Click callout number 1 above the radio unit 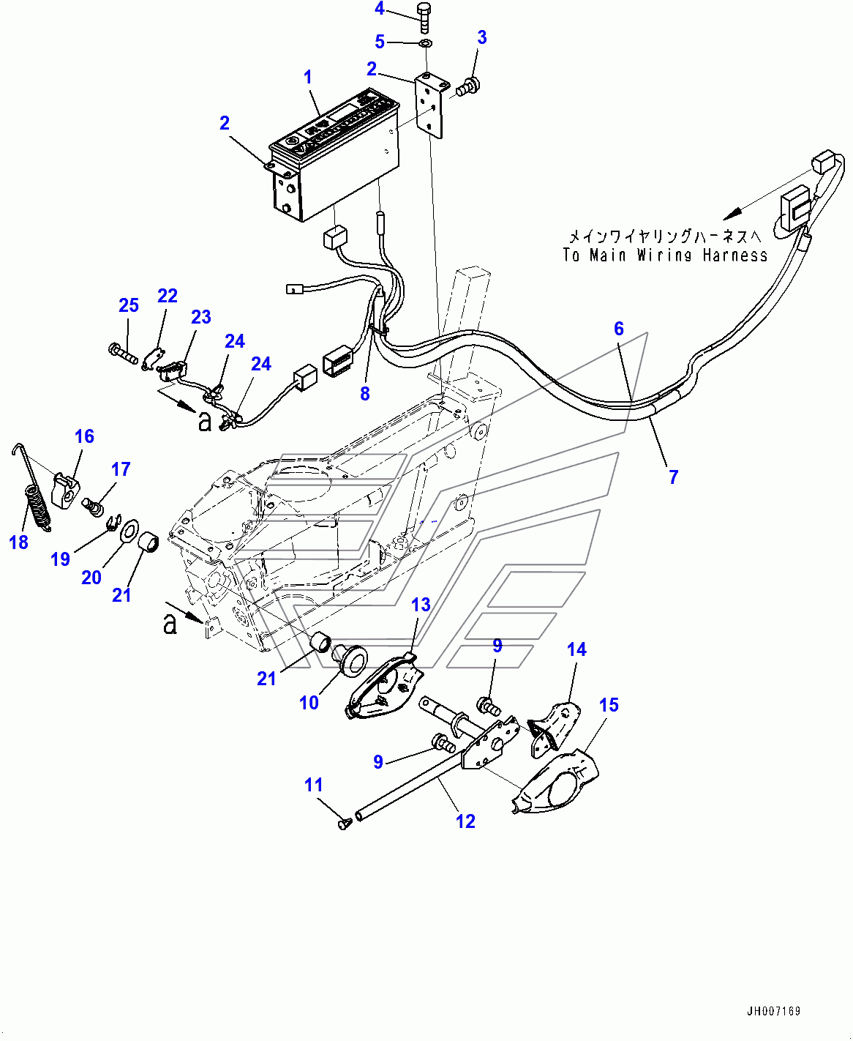pyautogui.click(x=308, y=77)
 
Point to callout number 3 pyautogui.click(x=481, y=38)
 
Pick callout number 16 pyautogui.click(x=84, y=436)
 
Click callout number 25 pyautogui.click(x=129, y=305)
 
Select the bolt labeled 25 pyautogui.click(x=122, y=356)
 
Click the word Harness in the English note pyautogui.click(x=734, y=255)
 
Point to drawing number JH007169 pyautogui.click(x=773, y=1012)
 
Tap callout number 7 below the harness pyautogui.click(x=673, y=477)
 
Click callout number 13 pyautogui.click(x=421, y=605)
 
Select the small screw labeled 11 pyautogui.click(x=343, y=824)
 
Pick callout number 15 pyautogui.click(x=609, y=705)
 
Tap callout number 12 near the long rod pyautogui.click(x=465, y=821)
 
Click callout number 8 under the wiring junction pyautogui.click(x=365, y=394)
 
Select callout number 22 pyautogui.click(x=168, y=296)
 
